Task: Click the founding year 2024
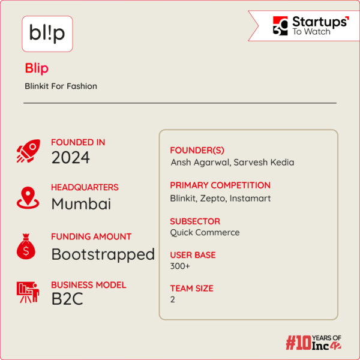(70, 158)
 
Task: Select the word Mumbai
(81, 204)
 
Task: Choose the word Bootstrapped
(103, 254)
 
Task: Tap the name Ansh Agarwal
(196, 162)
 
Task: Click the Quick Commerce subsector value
(205, 232)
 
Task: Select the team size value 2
(173, 299)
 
